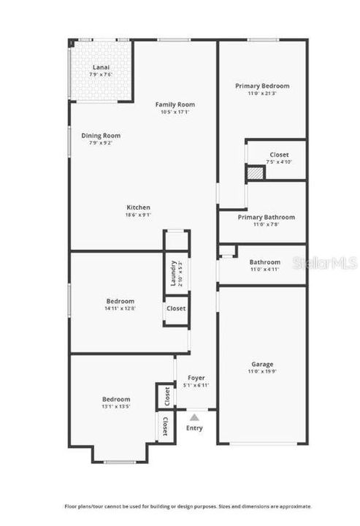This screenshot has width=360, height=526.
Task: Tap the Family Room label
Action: [x=175, y=104]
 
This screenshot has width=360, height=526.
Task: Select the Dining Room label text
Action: [x=101, y=135]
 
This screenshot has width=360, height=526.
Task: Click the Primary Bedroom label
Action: [x=262, y=85]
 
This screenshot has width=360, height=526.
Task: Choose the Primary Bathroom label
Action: [x=267, y=217]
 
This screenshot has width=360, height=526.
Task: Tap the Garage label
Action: [x=263, y=364]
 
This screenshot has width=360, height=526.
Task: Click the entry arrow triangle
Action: [x=194, y=417]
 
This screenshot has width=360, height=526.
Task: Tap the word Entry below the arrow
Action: [x=194, y=428]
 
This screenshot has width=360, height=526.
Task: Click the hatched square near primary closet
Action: [x=253, y=174]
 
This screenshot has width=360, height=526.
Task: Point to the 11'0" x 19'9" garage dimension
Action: [x=263, y=372]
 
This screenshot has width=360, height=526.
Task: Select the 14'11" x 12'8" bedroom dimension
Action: [x=120, y=308]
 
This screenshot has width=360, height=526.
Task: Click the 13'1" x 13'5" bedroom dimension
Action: [x=116, y=407]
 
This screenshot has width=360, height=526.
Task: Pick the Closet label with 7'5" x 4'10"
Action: [x=279, y=155]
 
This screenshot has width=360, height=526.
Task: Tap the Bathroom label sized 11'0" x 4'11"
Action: [x=264, y=262]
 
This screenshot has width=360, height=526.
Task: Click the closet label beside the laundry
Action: [x=176, y=308]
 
